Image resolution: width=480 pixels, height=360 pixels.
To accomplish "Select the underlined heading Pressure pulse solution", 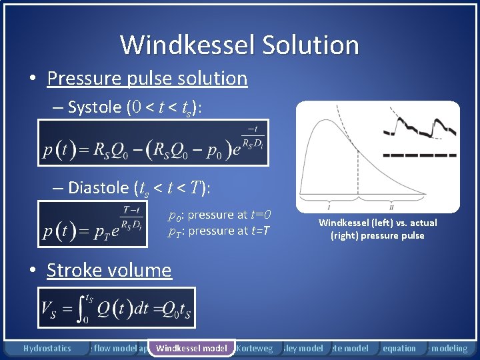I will click(147, 78).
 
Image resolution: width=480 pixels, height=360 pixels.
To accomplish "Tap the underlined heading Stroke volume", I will click(109, 270).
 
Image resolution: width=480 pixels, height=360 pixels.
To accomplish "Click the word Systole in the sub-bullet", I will click(94, 108).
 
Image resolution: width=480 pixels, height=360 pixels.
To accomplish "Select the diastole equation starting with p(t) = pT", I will click(93, 223).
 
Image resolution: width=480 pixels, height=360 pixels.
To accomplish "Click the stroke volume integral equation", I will click(117, 308).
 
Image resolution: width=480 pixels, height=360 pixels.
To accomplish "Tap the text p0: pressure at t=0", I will click(219, 215).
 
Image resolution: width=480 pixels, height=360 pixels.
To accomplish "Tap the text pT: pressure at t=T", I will click(218, 231).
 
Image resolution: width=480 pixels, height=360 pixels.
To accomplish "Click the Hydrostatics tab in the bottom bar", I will click(47, 348).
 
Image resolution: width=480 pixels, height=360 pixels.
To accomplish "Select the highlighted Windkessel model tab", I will click(191, 348).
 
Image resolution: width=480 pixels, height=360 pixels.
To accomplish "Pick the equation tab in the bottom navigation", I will click(399, 348).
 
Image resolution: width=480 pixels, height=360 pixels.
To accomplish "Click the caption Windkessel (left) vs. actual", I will click(377, 223).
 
